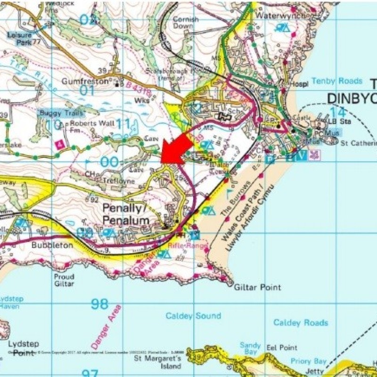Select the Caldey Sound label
tap(193, 316)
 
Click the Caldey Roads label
tap(301, 323)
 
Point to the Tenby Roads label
tap(337, 81)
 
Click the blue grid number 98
tap(99, 304)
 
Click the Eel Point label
tap(282, 348)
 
